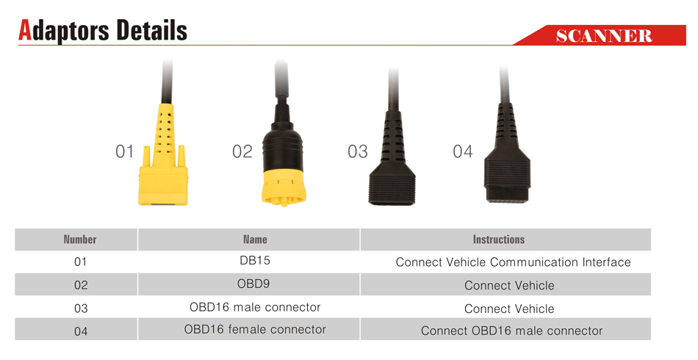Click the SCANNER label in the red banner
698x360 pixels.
coord(604,35)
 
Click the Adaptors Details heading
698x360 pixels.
coord(102,31)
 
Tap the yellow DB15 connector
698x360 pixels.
coord(163,155)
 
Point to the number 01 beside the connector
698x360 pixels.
coord(125,152)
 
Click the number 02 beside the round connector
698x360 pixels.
coord(242,152)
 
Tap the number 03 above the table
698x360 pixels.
coord(358,152)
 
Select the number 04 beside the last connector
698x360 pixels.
coord(462,152)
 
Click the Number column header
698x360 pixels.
coord(80,240)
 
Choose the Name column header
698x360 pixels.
coord(255,240)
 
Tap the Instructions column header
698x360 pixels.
coord(499,240)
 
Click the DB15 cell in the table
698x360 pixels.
coord(255,261)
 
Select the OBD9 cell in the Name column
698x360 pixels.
coord(253,284)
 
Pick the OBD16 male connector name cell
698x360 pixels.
coord(255,307)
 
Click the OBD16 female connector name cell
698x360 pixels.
coord(255,330)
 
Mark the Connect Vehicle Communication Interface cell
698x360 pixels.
coord(514,262)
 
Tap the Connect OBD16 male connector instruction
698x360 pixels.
coord(511,331)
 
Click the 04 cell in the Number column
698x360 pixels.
coord(81,331)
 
